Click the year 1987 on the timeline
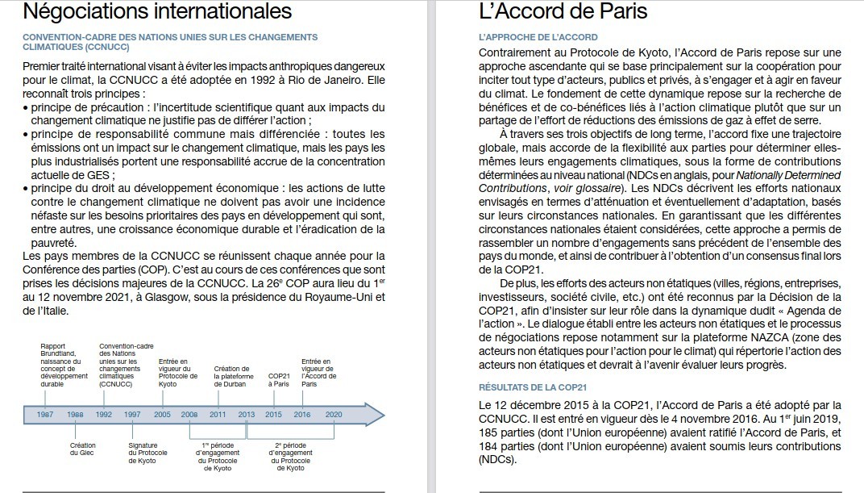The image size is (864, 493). pos(46,414)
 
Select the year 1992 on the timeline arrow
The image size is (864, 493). pos(104,414)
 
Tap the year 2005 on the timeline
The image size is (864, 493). pos(162,414)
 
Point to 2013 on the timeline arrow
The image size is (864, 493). pos(247,414)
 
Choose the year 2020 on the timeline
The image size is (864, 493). pos(333,414)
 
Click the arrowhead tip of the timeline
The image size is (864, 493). pos(384,414)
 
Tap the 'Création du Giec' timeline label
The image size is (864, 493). pos(83,449)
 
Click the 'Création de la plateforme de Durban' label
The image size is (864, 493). pos(234,377)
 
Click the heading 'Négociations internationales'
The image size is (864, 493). pos(157,12)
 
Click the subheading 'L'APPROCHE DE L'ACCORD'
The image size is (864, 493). pos(538,38)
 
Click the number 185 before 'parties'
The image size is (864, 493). pos(489,433)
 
